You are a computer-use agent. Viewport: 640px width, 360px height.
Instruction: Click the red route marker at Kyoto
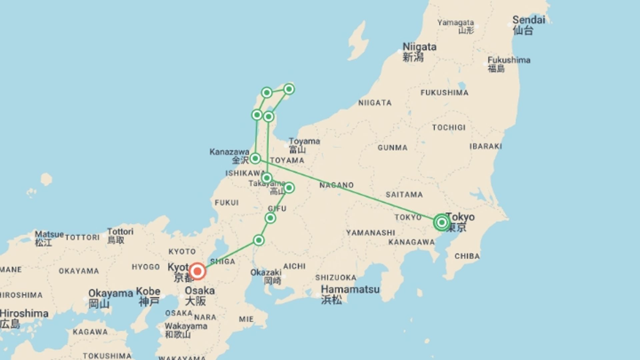click(197, 271)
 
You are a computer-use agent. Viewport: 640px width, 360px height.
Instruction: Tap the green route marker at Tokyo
click(442, 222)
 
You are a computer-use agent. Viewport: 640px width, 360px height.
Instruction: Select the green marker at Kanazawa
click(255, 158)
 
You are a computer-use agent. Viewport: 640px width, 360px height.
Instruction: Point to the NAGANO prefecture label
click(336, 185)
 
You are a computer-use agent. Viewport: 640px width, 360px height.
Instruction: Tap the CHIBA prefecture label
click(467, 256)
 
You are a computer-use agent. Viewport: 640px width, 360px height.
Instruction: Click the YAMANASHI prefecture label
click(370, 233)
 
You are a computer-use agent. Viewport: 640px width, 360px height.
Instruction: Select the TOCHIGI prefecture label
click(449, 128)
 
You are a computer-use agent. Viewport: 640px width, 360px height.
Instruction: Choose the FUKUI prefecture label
click(227, 203)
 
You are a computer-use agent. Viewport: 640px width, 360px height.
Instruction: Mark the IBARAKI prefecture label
click(486, 146)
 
